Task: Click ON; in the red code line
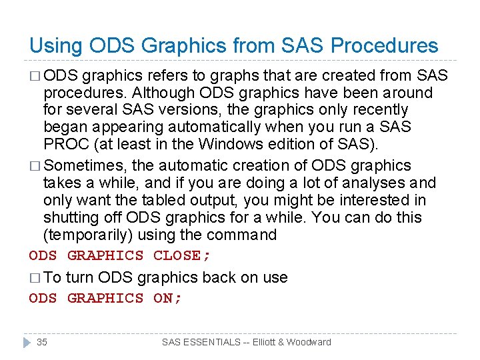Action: (x=167, y=298)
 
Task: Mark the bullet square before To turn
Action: (x=35, y=278)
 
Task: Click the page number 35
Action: (x=42, y=342)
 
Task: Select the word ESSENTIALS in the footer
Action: (x=213, y=342)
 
